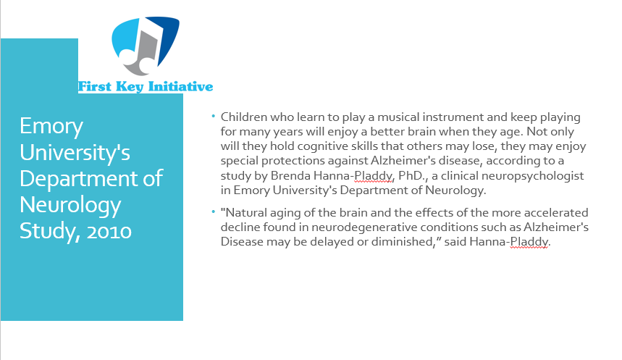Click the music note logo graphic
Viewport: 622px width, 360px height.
146,46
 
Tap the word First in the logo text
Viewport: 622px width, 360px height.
94,86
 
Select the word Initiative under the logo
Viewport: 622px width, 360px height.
180,86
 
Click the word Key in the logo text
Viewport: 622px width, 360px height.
130,87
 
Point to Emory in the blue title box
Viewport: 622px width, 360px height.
51,127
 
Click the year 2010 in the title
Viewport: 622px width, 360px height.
109,231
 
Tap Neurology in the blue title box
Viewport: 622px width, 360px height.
70,206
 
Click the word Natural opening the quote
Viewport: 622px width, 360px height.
243,213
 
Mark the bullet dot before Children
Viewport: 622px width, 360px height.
214,117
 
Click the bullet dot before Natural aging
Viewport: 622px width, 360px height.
214,212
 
